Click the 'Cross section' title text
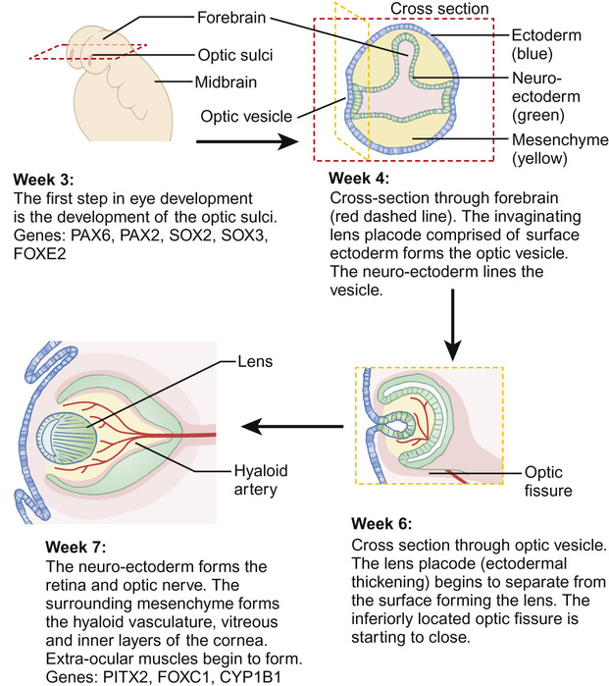(x=439, y=10)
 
